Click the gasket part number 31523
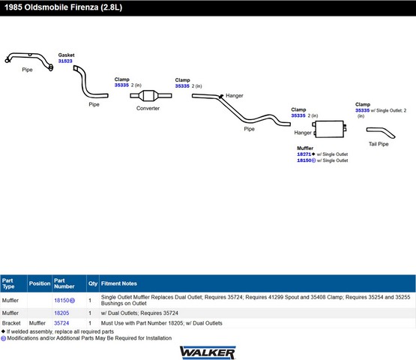(x=65, y=61)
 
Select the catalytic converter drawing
(x=151, y=95)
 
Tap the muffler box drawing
(x=329, y=129)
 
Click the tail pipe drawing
(x=381, y=133)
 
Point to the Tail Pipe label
(x=379, y=144)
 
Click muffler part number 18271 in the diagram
(x=304, y=154)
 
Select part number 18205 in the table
(x=61, y=313)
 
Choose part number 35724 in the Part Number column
(x=61, y=323)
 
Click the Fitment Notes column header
(x=119, y=283)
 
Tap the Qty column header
(x=93, y=283)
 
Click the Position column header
(x=40, y=283)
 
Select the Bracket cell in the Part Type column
(x=11, y=323)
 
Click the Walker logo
(x=208, y=352)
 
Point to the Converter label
(x=148, y=108)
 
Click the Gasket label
(x=66, y=55)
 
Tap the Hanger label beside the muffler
(x=303, y=133)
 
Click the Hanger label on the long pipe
(x=235, y=95)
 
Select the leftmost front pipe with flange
(x=29, y=61)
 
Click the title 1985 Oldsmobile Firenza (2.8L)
(x=63, y=7)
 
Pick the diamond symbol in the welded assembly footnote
(x=3, y=331)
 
